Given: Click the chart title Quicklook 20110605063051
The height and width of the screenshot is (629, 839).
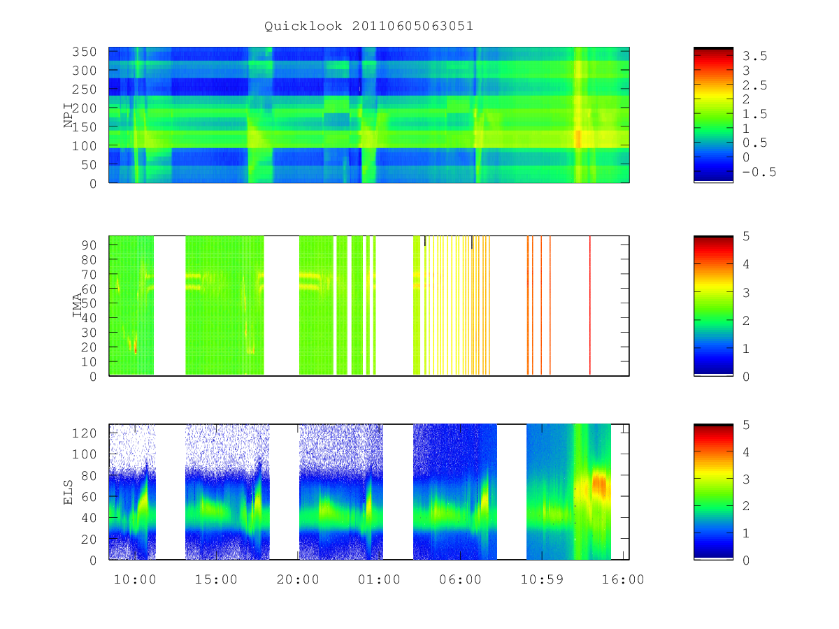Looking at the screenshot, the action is (x=368, y=26).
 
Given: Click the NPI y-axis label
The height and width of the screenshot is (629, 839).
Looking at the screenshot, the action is (x=68, y=115).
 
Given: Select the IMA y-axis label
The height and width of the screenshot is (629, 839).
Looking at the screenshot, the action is (x=77, y=305).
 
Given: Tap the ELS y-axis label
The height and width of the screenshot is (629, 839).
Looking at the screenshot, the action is (x=68, y=493).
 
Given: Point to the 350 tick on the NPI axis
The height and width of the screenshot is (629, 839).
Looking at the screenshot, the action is (x=84, y=52).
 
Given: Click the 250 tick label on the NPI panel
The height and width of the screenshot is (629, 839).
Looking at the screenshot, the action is (x=84, y=89).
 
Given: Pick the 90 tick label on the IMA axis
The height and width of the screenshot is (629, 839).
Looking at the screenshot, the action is (x=89, y=245).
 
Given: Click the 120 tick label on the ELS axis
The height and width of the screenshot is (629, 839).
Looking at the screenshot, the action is (x=84, y=433).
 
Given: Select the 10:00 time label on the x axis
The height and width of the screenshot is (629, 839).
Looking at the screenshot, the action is (x=136, y=579).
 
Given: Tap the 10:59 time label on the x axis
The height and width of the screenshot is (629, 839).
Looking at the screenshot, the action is (x=542, y=579).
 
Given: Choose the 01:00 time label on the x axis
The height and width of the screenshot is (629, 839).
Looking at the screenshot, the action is (x=379, y=579).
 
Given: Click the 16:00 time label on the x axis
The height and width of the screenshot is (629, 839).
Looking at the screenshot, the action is (x=623, y=579).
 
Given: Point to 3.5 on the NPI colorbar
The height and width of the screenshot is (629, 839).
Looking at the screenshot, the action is (x=754, y=56).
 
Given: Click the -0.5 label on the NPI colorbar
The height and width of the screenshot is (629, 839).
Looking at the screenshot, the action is (x=759, y=172).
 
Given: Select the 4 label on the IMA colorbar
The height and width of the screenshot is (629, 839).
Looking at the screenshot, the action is (x=746, y=264).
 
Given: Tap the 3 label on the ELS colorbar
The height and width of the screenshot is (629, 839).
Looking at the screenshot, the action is (x=746, y=479).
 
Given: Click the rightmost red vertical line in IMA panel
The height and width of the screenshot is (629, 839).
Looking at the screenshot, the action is (x=590, y=305).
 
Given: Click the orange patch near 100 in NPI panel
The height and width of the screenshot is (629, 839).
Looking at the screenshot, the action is (x=578, y=139).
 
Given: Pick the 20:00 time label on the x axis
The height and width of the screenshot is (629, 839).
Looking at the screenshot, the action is (x=298, y=579).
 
